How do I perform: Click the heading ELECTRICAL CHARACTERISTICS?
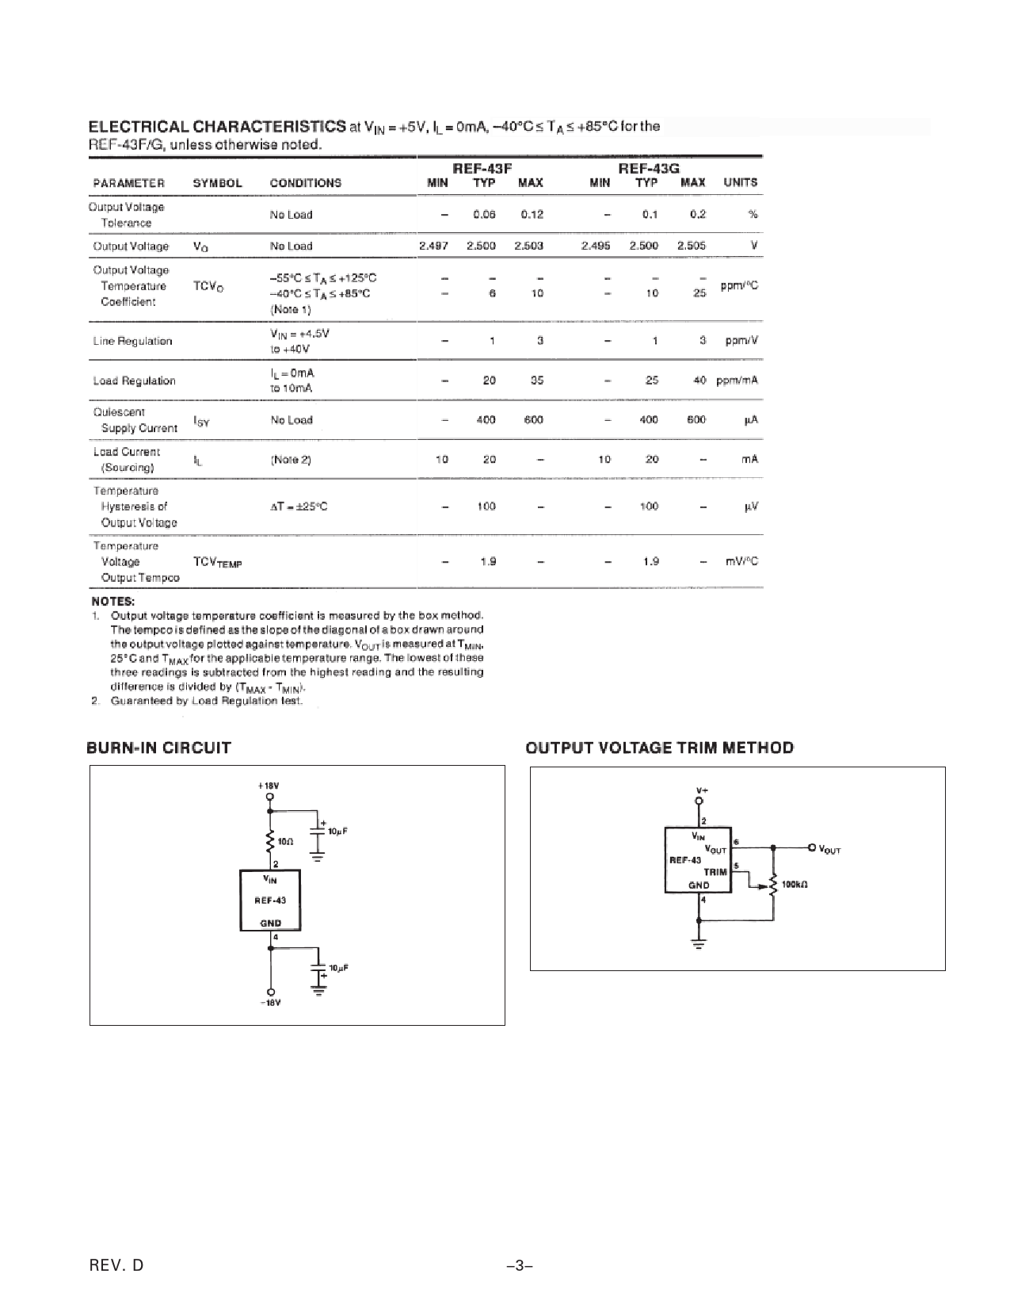click(x=216, y=126)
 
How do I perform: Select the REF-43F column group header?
click(x=482, y=167)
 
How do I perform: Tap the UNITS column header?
click(x=740, y=182)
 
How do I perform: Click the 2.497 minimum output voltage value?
click(x=433, y=246)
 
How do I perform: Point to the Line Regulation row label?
click(x=132, y=341)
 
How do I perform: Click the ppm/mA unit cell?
click(x=737, y=381)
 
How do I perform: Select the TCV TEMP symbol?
click(x=217, y=562)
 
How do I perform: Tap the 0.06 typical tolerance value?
click(x=484, y=214)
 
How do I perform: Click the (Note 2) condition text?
click(x=291, y=460)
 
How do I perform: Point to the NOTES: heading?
click(x=113, y=601)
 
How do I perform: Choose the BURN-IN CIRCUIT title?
click(x=158, y=748)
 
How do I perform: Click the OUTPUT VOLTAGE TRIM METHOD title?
click(x=660, y=748)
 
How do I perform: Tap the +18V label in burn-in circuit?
click(x=269, y=785)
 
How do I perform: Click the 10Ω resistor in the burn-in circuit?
click(x=272, y=840)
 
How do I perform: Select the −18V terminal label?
click(x=271, y=1003)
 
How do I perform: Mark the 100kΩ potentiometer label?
click(x=795, y=884)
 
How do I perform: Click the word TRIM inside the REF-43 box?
click(x=715, y=872)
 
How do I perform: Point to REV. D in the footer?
click(x=116, y=1266)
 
